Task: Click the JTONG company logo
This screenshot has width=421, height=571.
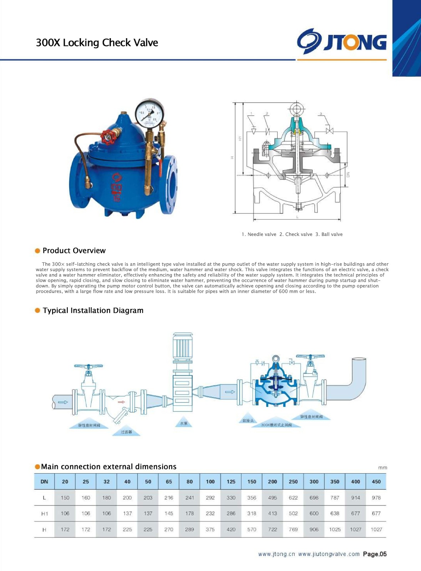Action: (x=342, y=41)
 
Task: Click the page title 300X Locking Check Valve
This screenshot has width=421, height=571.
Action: (x=97, y=42)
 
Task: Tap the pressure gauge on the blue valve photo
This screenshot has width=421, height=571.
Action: (x=149, y=113)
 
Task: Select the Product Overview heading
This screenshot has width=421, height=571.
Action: (x=74, y=251)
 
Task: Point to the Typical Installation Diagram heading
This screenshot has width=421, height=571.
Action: (x=93, y=310)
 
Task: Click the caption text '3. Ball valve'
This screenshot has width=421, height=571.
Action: (x=329, y=234)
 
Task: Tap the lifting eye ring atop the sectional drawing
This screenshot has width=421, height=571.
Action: (x=296, y=108)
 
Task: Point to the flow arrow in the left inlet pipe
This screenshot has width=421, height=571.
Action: (x=63, y=402)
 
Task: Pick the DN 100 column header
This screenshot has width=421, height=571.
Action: (x=210, y=481)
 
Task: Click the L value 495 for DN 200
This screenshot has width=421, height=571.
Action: (x=272, y=497)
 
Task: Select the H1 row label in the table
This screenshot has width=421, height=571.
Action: (x=44, y=514)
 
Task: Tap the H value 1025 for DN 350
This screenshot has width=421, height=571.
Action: (x=335, y=530)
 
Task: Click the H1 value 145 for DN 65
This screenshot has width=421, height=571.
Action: (x=169, y=514)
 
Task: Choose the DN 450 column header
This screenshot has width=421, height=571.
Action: (x=376, y=481)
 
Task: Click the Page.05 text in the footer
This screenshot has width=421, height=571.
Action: (x=375, y=554)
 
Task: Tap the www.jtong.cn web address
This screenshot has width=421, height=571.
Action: (x=277, y=554)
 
